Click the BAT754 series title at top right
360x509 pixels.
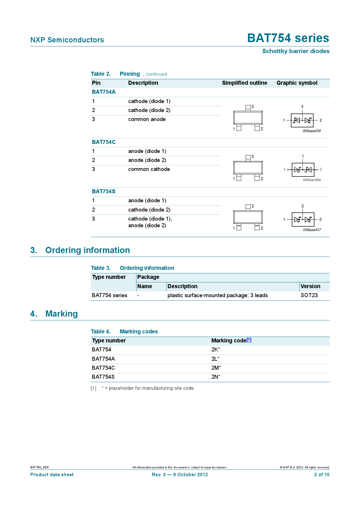288,38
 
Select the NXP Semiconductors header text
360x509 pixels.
67,40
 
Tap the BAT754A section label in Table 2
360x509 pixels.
104,92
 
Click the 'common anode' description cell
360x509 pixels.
147,119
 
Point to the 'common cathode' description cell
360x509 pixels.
149,169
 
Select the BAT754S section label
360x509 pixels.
104,192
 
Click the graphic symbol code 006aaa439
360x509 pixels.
312,131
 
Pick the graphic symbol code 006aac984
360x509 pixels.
312,180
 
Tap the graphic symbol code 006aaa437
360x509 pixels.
312,230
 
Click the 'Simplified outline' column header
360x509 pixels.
244,83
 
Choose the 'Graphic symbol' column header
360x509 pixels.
297,83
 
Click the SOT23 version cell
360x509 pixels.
309,295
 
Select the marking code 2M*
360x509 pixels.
216,368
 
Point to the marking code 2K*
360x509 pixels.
215,350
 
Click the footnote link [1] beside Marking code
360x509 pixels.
249,340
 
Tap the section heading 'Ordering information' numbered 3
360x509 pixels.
87,250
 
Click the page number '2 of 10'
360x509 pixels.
322,475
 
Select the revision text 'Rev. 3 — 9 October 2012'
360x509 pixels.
180,475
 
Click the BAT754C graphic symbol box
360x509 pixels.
303,170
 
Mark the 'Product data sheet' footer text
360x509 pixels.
52,475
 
